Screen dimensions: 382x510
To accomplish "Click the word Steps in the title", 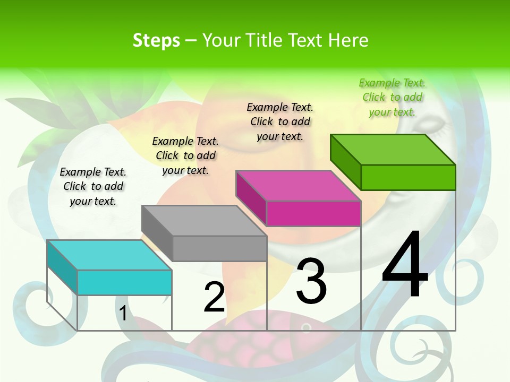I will pos(156,40).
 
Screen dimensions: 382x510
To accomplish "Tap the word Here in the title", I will pos(348,40).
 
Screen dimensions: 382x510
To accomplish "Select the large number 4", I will pos(405,265).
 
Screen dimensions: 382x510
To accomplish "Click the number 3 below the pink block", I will pos(311,281).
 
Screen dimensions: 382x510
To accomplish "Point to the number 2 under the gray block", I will pos(214,297).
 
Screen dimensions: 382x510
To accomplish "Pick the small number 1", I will pos(123,313).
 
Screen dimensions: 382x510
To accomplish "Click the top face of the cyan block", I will pos(109,255).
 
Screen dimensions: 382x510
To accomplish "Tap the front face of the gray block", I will pos(219,248).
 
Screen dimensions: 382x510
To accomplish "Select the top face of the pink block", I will pos(298,186).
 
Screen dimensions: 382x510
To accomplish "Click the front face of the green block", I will pos(408,177).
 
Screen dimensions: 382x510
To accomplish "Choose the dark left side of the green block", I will pos(345,159).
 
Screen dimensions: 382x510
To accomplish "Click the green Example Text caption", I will pos(392,97).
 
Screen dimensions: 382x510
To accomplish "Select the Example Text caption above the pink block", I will pos(280,121).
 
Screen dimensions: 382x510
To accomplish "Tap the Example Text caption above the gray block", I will pos(185,155).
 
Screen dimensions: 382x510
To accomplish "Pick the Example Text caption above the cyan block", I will pos(93,186).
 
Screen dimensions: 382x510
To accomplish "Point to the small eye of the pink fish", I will pos(306,328).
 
